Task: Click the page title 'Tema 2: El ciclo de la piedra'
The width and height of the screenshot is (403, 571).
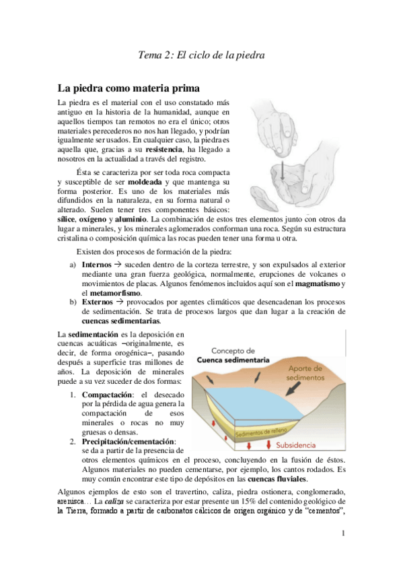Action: pos(201,55)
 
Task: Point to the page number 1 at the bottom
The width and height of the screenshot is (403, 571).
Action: pos(343,534)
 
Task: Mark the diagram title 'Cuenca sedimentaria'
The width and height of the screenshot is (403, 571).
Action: pos(233,360)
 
